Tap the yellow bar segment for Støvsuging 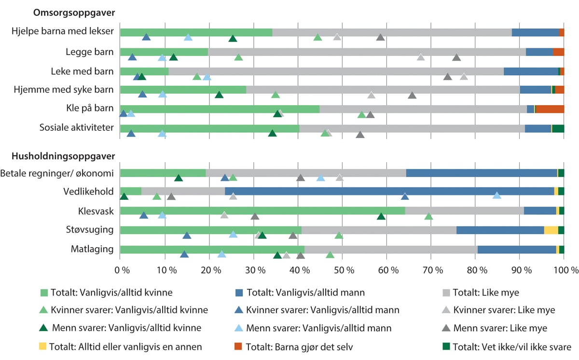551,230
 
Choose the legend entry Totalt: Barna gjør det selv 294,346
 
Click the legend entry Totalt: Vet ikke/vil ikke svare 507,346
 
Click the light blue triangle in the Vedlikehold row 497,195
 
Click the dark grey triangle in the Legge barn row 456,58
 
